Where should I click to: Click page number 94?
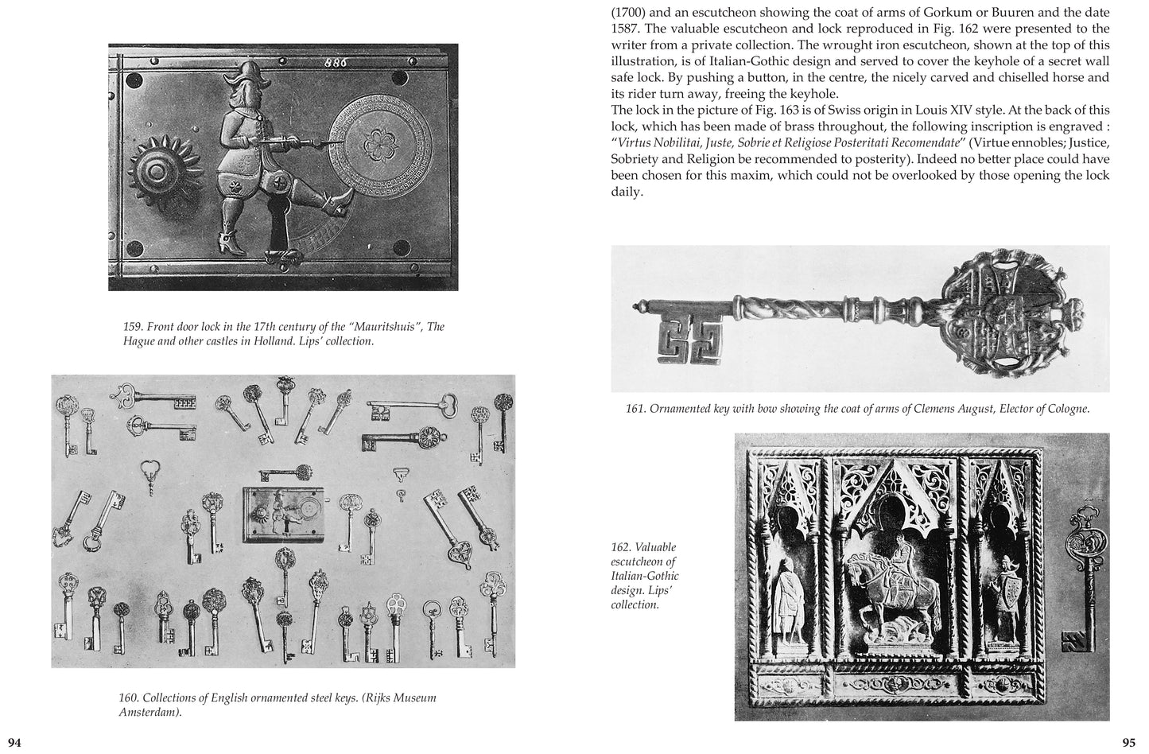point(14,743)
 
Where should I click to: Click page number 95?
point(1128,743)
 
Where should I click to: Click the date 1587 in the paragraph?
point(626,29)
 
